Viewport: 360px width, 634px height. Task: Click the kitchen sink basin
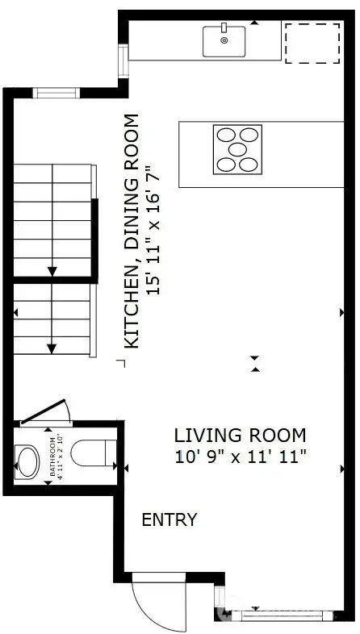point(224,42)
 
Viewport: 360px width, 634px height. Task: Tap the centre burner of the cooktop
point(237,149)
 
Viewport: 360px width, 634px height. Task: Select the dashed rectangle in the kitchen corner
point(312,43)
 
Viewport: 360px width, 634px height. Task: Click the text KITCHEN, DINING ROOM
point(131,232)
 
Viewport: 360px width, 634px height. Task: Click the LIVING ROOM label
point(241,436)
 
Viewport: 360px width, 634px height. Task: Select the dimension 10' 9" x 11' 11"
point(241,457)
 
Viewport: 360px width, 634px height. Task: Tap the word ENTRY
point(170,519)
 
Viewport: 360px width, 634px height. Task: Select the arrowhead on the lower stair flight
point(52,348)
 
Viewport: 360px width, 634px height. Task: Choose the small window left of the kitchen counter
point(123,59)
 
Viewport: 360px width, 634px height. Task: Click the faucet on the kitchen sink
point(224,28)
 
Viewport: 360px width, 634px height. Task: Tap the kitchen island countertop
point(266,153)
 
